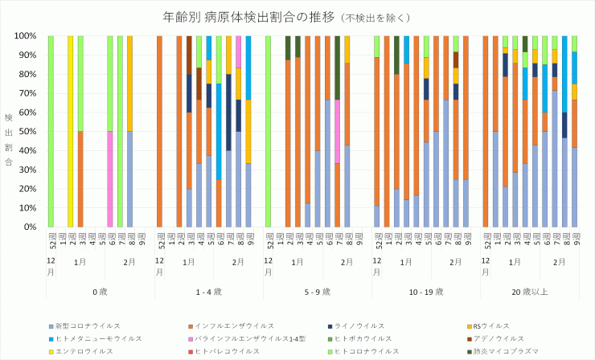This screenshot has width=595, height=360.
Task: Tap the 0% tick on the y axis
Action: [x=31, y=227]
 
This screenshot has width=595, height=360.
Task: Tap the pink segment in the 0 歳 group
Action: [x=110, y=179]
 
